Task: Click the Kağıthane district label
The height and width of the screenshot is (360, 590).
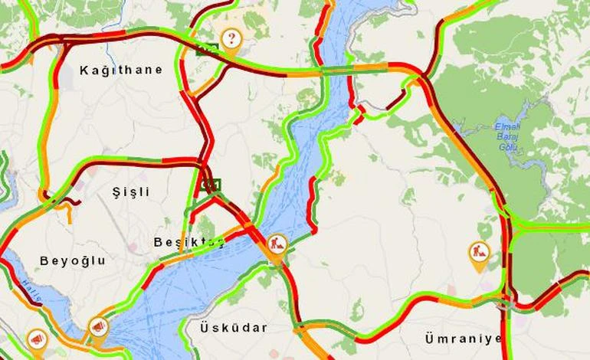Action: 121,70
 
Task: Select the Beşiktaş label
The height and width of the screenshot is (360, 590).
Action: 188,242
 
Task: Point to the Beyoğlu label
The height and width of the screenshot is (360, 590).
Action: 73,260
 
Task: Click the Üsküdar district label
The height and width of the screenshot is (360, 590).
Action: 234,328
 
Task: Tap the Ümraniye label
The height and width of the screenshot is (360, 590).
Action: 463,338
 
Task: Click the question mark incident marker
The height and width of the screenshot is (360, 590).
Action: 231,38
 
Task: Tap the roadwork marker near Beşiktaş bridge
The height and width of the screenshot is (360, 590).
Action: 277,245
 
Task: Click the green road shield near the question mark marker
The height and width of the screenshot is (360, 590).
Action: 208,50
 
